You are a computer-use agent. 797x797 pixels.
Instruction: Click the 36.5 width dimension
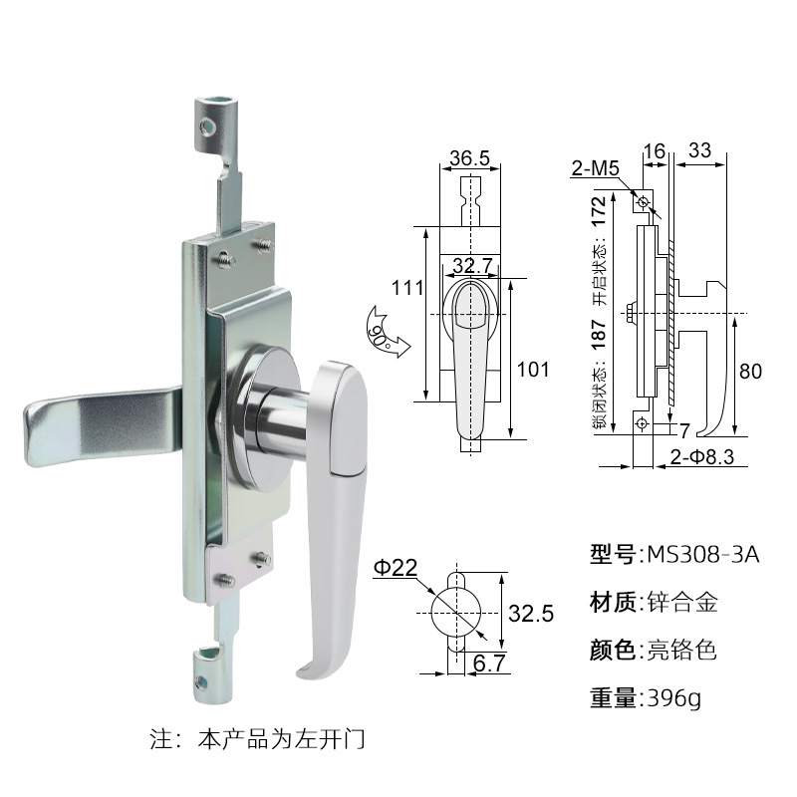click(468, 158)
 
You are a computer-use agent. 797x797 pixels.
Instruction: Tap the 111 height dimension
click(405, 289)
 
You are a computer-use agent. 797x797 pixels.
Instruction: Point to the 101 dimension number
click(533, 370)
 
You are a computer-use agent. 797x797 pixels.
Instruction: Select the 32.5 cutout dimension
click(531, 614)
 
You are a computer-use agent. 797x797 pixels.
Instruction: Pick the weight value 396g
click(673, 698)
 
